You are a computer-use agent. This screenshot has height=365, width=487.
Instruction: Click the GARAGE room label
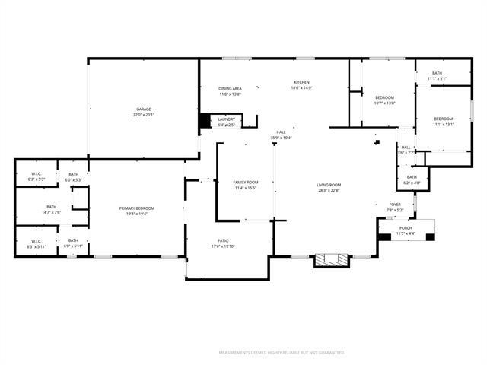[x=143, y=109]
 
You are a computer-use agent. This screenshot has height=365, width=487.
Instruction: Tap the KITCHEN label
[x=302, y=82]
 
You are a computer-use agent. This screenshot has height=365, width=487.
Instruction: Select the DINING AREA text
[x=230, y=88]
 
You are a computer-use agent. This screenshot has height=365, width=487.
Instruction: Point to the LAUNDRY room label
[x=227, y=119]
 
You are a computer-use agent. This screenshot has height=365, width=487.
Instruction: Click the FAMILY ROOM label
[x=245, y=182]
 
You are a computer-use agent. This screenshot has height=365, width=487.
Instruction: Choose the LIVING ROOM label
[x=329, y=185]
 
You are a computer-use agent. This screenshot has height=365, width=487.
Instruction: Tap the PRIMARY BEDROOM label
[x=137, y=208]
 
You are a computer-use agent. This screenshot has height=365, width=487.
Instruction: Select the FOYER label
[x=395, y=204]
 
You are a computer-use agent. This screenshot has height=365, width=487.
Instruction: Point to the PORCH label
[x=406, y=228]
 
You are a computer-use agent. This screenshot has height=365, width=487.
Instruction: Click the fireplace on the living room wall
[x=333, y=260]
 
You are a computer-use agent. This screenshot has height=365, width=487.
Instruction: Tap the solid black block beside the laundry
[x=204, y=121]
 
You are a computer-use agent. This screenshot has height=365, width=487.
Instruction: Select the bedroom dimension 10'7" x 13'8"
[x=385, y=103]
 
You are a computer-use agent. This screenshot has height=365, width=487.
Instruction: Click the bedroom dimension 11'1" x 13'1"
[x=444, y=124]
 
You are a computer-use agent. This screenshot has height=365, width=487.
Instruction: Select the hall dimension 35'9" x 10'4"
[x=281, y=138]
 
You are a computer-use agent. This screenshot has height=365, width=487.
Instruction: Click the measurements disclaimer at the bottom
[x=282, y=353]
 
